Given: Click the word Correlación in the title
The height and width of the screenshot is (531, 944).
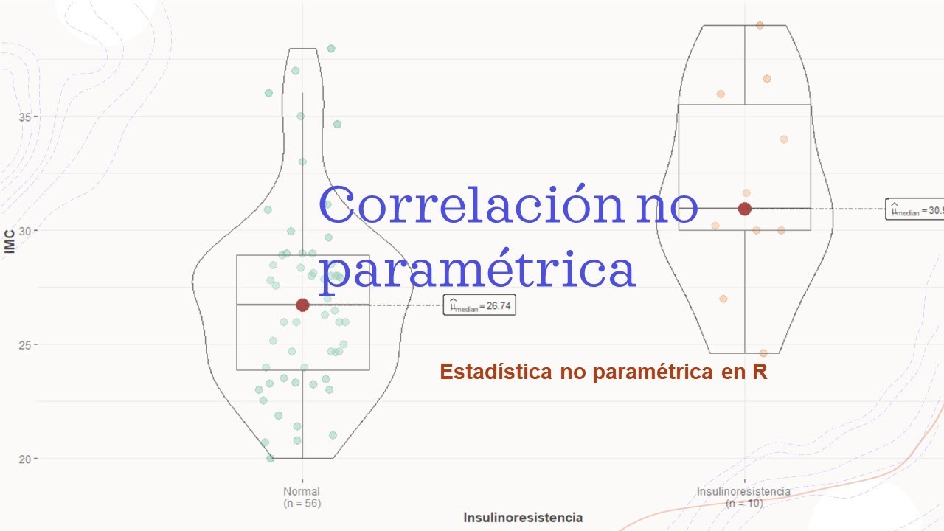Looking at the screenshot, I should [x=470, y=207].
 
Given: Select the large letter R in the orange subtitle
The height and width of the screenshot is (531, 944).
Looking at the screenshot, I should [x=760, y=372].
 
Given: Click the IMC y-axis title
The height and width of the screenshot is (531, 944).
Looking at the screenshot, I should [x=10, y=243].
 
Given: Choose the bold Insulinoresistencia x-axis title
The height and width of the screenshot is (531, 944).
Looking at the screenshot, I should [x=523, y=518].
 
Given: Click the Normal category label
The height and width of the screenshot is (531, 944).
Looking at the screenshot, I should [x=302, y=491].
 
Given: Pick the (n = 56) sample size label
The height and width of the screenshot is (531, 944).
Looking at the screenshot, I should [x=302, y=503].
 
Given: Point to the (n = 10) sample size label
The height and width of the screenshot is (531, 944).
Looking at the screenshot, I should [x=744, y=503].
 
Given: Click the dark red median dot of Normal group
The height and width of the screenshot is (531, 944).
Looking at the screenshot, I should [x=302, y=305].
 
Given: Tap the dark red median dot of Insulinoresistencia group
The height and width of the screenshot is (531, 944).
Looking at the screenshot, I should [x=745, y=209].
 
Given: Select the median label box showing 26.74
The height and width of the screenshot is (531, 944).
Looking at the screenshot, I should [x=479, y=305].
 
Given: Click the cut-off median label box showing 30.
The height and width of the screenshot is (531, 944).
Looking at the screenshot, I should [x=915, y=210].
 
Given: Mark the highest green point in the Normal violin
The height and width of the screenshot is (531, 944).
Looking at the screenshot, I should [x=331, y=49].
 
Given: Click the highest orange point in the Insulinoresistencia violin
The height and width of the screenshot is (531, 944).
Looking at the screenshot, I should [x=760, y=25].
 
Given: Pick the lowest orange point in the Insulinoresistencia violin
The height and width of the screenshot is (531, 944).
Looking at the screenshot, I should [x=763, y=353].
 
